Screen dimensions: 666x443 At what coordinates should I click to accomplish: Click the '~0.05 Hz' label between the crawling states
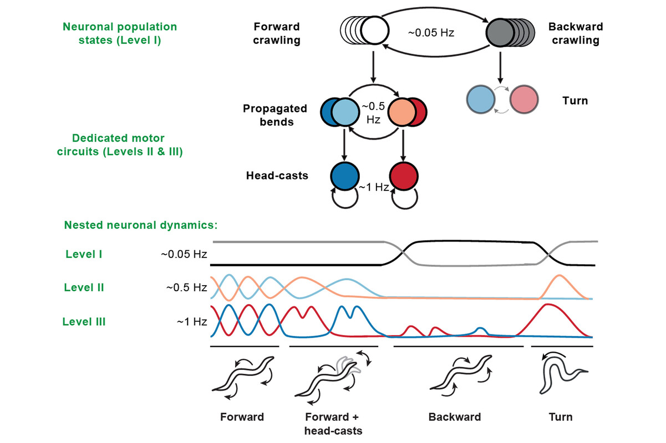click(x=431, y=33)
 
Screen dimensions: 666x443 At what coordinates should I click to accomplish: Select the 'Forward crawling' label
click(x=277, y=33)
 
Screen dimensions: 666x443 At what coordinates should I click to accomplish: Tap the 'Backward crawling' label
click(x=576, y=33)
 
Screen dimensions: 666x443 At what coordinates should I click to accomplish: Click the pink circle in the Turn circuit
click(x=524, y=100)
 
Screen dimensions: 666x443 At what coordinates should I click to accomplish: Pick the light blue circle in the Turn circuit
click(x=481, y=100)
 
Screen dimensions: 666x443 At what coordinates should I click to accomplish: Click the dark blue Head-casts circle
click(x=345, y=176)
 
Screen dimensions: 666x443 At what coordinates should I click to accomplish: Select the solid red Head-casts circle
click(x=404, y=176)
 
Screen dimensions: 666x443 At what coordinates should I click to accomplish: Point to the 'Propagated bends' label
click(x=275, y=115)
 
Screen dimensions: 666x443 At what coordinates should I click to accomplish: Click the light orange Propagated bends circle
click(x=402, y=112)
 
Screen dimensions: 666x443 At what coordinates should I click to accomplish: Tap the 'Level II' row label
click(x=84, y=287)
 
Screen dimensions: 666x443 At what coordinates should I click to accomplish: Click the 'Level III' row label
click(x=84, y=322)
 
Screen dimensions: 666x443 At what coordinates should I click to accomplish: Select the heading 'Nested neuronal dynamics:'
click(x=141, y=225)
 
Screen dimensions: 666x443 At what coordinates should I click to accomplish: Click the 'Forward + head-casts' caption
click(x=333, y=424)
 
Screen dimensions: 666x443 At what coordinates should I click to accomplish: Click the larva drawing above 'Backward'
click(x=461, y=375)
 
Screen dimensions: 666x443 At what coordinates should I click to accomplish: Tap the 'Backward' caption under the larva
click(x=455, y=417)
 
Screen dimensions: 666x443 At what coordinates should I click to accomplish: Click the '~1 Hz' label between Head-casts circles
click(x=374, y=187)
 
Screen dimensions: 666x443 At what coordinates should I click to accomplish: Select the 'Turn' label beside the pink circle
click(x=575, y=101)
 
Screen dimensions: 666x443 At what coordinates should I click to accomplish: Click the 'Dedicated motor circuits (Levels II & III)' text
click(x=120, y=145)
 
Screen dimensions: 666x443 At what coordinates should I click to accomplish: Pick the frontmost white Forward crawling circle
click(x=375, y=30)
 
